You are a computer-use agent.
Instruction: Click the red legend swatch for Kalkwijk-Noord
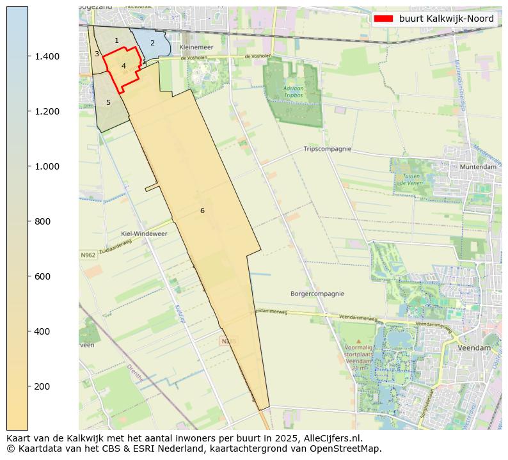pos(383,19)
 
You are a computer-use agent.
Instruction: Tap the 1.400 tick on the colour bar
pos(47,56)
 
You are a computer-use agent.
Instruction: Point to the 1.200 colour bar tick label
pos(47,111)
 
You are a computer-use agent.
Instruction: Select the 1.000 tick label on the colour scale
pos(47,166)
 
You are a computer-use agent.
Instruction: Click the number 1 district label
pos(116,40)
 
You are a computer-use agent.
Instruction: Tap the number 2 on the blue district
pos(152,44)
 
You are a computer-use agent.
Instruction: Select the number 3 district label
pos(97,54)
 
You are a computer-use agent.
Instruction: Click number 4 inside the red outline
pos(123,66)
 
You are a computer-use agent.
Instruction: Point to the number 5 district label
pos(108,102)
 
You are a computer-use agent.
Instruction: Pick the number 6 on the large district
pos(202,210)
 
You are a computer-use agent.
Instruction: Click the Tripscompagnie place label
pos(328,149)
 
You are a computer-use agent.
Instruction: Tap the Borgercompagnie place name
pos(319,294)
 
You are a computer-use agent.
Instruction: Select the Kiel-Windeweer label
pos(144,234)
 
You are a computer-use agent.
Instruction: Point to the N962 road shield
pos(88,255)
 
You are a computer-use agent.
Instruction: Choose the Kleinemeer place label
pos(196,48)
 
